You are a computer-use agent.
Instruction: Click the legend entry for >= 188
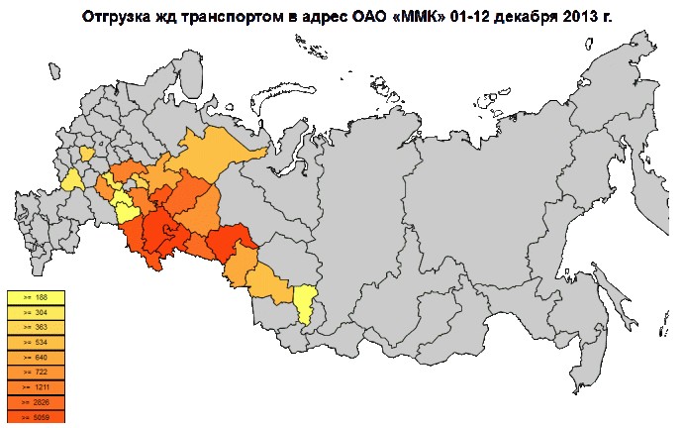pyautogui.click(x=35, y=296)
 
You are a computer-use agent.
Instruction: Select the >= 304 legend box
pyautogui.click(x=35, y=311)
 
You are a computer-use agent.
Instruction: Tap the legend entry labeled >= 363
pyautogui.click(x=35, y=326)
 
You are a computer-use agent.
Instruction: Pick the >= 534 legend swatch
pyautogui.click(x=35, y=342)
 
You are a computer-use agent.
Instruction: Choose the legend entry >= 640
pyautogui.click(x=35, y=357)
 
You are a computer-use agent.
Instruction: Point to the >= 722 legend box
pyautogui.click(x=35, y=372)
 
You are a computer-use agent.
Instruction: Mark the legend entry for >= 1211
pyautogui.click(x=35, y=386)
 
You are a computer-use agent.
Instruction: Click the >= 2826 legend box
pyautogui.click(x=35, y=402)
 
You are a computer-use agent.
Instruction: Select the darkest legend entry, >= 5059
pyautogui.click(x=35, y=417)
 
